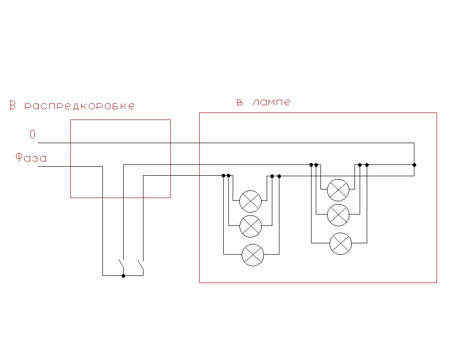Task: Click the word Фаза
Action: (31, 157)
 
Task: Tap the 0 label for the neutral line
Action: (33, 134)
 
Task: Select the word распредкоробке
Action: (79, 106)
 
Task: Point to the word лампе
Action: (271, 103)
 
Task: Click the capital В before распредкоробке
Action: (12, 105)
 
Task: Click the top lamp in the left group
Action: (251, 201)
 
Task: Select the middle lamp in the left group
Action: (251, 226)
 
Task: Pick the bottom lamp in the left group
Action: (253, 255)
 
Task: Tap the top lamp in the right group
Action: (338, 190)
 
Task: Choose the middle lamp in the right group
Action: (338, 215)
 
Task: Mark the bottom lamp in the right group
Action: (340, 243)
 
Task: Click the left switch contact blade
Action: (121, 263)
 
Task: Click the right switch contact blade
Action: (141, 265)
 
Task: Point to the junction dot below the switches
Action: (123, 275)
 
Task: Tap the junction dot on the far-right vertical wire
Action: (414, 165)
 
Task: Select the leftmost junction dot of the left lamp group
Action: (223, 176)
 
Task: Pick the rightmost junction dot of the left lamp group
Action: (279, 176)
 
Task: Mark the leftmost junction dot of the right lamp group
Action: (311, 165)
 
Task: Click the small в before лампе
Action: (240, 103)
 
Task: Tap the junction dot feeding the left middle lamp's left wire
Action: (228, 176)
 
